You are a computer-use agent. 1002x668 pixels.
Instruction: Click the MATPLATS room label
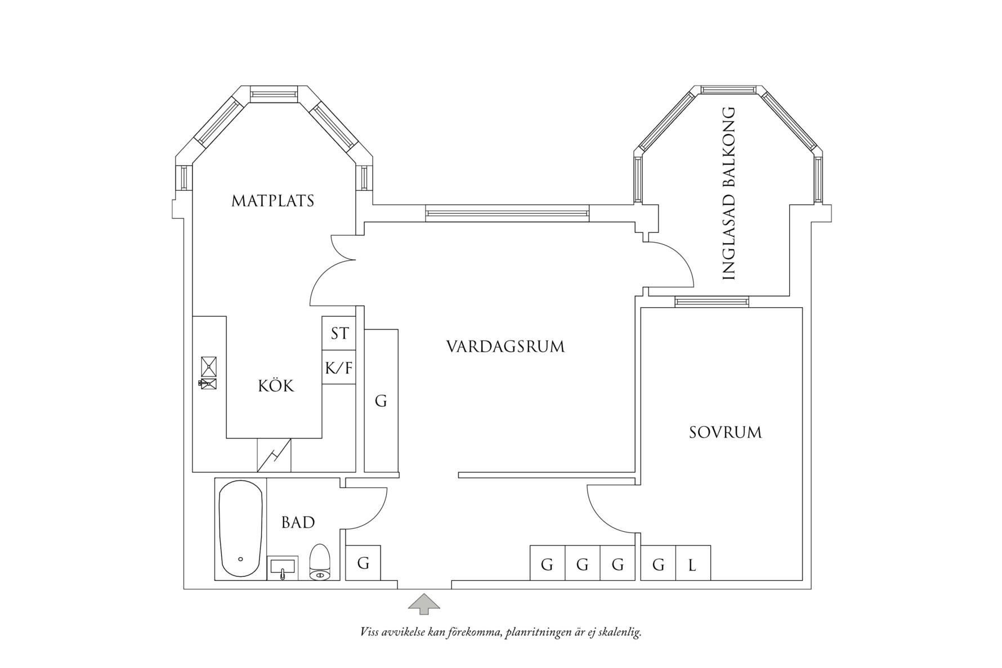pos(273,201)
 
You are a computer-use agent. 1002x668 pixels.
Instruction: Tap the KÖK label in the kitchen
pos(276,386)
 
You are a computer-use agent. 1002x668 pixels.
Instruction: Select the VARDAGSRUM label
pos(506,347)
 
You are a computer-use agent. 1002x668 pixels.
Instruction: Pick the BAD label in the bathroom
pos(298,523)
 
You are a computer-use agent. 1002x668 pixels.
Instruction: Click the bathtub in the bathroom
pos(240,529)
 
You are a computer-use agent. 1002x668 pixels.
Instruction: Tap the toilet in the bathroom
pos(319,562)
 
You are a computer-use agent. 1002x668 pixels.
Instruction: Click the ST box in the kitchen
pos(339,333)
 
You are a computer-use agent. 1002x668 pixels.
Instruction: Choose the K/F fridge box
pos(339,368)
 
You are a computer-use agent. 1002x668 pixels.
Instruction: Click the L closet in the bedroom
pos(693,563)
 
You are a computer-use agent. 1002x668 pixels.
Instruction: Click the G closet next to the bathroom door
pos(363,563)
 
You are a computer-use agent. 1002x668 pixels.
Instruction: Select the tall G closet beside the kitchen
pos(381,401)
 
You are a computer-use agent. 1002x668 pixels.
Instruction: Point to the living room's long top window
pos(507,213)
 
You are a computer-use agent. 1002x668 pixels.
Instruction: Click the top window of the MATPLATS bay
pos(274,94)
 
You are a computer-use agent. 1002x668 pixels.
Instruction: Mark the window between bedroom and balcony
pos(712,302)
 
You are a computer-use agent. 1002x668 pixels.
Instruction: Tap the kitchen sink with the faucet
pos(208,383)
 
